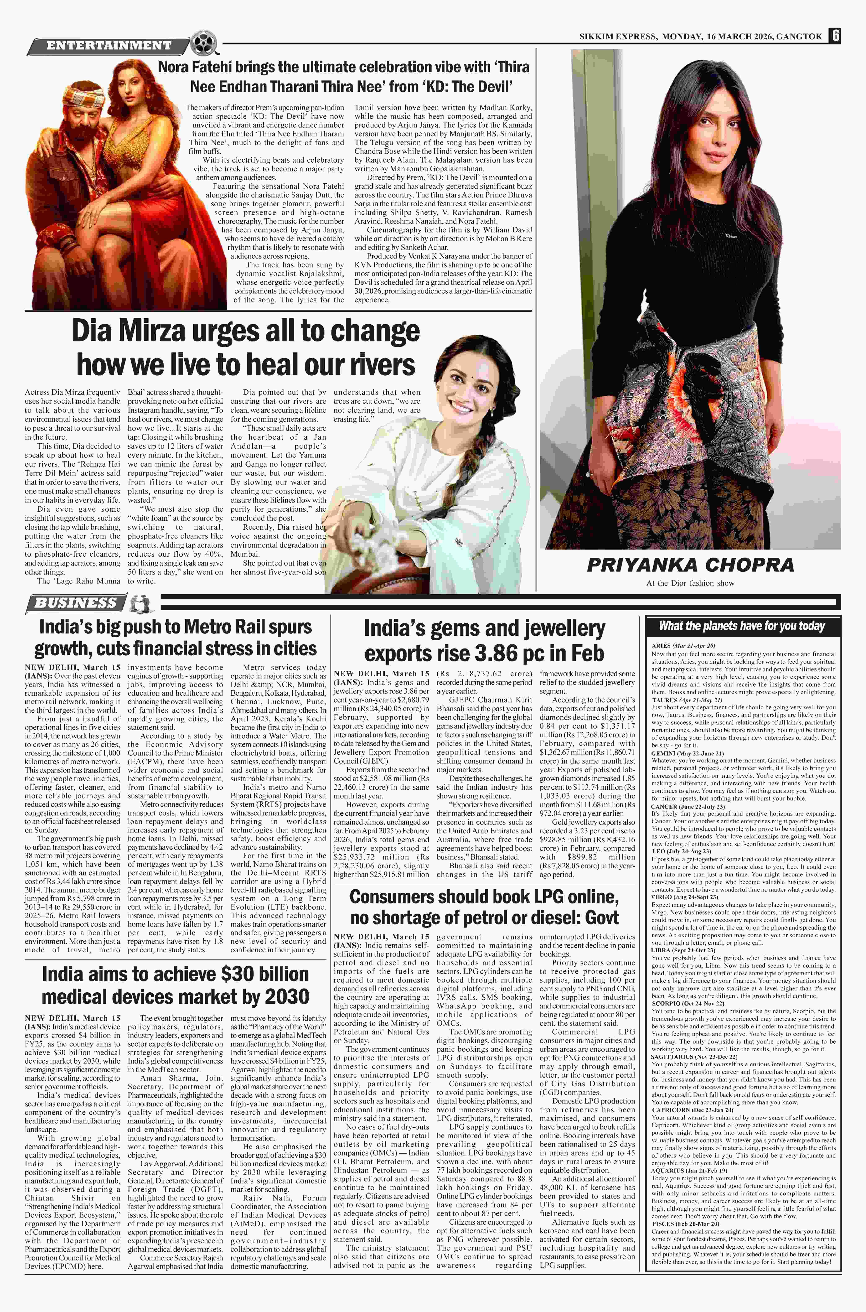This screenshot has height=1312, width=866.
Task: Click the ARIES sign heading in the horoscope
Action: point(661,645)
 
